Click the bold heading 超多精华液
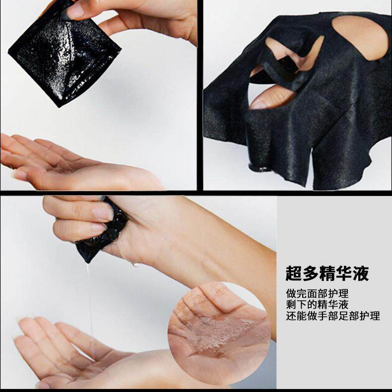(327, 273)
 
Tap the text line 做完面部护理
(317, 293)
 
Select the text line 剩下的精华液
(317, 305)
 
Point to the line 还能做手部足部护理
(333, 316)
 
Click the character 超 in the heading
(293, 273)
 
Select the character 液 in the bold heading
(361, 273)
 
